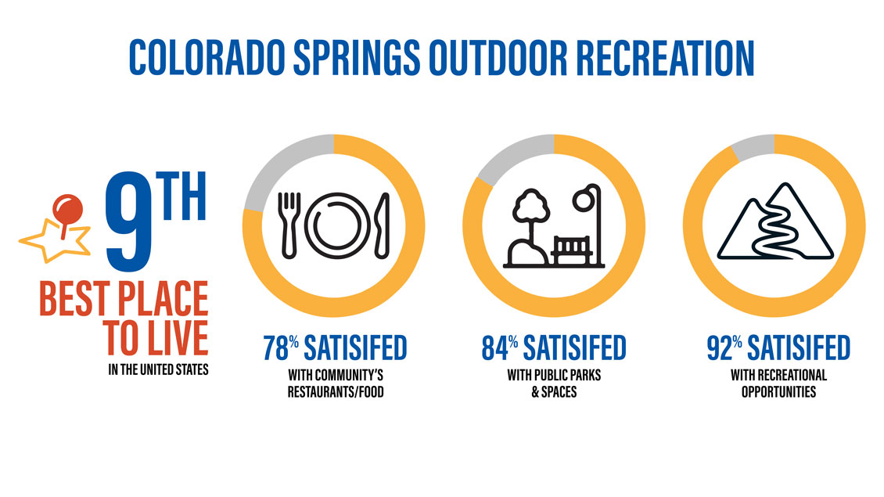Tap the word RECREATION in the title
665,58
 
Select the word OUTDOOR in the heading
498,58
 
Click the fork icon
289,225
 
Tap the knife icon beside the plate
383,225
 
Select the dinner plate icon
338,225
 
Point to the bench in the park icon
572,250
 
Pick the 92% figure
724,348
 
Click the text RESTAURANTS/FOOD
336,391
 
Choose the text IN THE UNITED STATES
159,369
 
